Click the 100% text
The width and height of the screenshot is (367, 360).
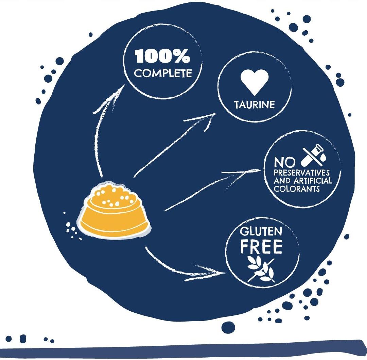pyautogui.click(x=162, y=56)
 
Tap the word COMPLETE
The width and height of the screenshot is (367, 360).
pyautogui.click(x=163, y=73)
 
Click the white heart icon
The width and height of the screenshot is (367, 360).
pyautogui.click(x=255, y=82)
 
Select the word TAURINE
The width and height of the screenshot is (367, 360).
pyautogui.click(x=255, y=104)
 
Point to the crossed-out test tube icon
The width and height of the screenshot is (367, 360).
pyautogui.click(x=313, y=156)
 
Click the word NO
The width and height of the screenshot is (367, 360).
pyautogui.click(x=285, y=162)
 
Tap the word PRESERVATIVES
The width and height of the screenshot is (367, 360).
pyautogui.click(x=302, y=173)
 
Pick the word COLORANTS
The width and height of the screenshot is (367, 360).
pyautogui.click(x=297, y=189)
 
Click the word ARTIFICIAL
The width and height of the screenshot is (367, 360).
pyautogui.click(x=313, y=181)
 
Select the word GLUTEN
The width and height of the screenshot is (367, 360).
pyautogui.click(x=261, y=232)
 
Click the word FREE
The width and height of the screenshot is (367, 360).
pyautogui.click(x=261, y=246)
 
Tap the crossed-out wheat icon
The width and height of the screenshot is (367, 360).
pyautogui.click(x=261, y=269)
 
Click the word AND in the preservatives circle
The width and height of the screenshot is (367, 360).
pyautogui.click(x=283, y=181)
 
